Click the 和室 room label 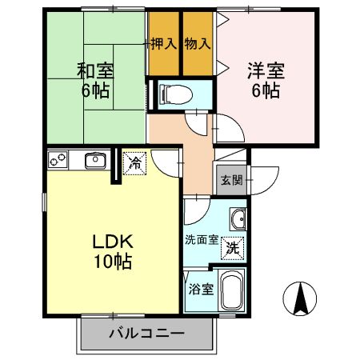tap(94, 70)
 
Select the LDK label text tap(110, 241)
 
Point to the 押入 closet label tap(162, 43)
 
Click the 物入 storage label tap(197, 43)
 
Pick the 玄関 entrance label tap(231, 179)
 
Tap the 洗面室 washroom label tap(202, 238)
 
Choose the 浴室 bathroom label tap(202, 290)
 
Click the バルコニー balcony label tap(146, 333)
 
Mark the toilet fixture tap(177, 94)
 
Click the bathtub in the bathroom tap(233, 291)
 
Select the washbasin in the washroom tap(238, 219)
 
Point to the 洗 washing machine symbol tap(232, 248)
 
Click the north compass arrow tap(302, 298)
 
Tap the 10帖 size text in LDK tap(112, 262)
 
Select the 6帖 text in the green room tap(94, 90)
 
